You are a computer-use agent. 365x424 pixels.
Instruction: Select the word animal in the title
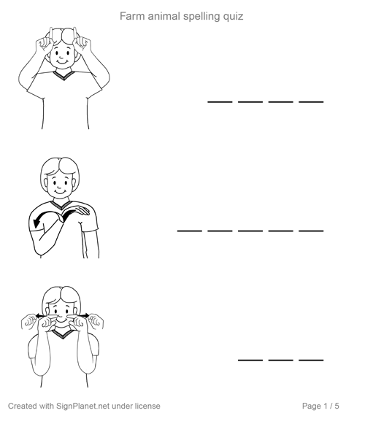(x=164, y=16)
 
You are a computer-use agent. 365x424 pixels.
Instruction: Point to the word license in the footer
(x=147, y=406)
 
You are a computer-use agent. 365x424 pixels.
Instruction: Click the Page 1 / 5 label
(x=320, y=406)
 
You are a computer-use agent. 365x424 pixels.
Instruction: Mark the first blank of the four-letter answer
(x=220, y=102)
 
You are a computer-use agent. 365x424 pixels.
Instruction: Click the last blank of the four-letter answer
(x=311, y=102)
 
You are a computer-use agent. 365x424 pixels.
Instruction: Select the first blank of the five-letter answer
(x=189, y=231)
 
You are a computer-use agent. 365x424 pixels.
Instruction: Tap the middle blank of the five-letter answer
(x=250, y=231)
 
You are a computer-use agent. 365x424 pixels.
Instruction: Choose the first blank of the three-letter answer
(x=250, y=360)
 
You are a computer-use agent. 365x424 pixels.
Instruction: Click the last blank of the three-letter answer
(x=311, y=360)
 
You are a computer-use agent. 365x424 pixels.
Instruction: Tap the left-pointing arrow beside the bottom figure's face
(x=41, y=315)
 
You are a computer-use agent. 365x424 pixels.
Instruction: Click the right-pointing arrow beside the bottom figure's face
(x=85, y=315)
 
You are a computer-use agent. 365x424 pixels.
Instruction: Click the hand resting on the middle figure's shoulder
(x=78, y=211)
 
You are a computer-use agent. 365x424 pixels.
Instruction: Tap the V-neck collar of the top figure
(x=64, y=75)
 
